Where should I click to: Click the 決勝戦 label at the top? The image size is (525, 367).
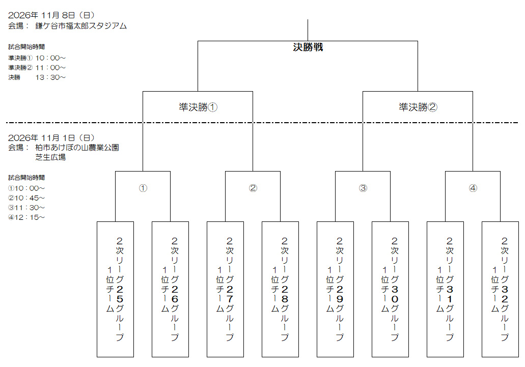pyautogui.click(x=308, y=47)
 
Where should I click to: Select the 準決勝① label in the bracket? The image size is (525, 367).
pyautogui.click(x=198, y=107)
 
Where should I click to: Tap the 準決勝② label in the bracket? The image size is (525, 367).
pyautogui.click(x=418, y=107)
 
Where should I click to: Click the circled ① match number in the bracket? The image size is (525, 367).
pyautogui.click(x=143, y=188)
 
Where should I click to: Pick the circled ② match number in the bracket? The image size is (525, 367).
pyautogui.click(x=253, y=188)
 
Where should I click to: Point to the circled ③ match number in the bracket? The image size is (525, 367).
pyautogui.click(x=363, y=188)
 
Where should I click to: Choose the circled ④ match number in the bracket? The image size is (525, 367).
pyautogui.click(x=473, y=188)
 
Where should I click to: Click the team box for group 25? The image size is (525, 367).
pyautogui.click(x=115, y=290)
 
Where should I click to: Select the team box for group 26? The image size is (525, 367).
pyautogui.click(x=170, y=290)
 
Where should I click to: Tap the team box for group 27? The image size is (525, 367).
pyautogui.click(x=226, y=290)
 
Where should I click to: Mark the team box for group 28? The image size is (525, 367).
pyautogui.click(x=280, y=290)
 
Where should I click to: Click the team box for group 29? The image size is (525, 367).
pyautogui.click(x=335, y=290)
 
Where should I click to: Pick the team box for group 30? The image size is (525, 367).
pyautogui.click(x=390, y=290)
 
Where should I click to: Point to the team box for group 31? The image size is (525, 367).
pyautogui.click(x=446, y=290)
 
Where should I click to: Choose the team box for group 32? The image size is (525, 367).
pyautogui.click(x=500, y=290)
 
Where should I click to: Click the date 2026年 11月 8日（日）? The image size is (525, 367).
pyautogui.click(x=51, y=15)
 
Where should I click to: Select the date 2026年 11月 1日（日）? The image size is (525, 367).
pyautogui.click(x=51, y=137)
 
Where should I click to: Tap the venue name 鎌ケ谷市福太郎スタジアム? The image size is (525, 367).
pyautogui.click(x=81, y=26)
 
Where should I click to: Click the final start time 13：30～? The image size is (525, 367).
pyautogui.click(x=50, y=77)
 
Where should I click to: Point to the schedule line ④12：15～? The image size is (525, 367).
pyautogui.click(x=26, y=217)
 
